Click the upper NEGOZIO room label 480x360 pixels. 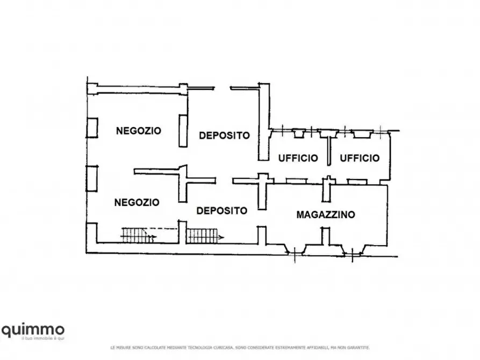(x=139, y=131)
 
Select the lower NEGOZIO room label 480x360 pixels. (x=137, y=203)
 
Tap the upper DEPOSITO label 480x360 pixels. (x=224, y=136)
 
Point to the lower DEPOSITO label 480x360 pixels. (x=221, y=211)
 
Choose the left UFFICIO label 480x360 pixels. (x=298, y=158)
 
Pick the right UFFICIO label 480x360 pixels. (x=360, y=158)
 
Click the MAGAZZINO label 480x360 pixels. (x=326, y=214)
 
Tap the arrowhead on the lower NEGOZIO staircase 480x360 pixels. (x=154, y=236)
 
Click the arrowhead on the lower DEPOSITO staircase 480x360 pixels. (x=222, y=236)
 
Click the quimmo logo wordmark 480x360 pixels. (x=33, y=329)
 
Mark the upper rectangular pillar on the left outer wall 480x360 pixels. (x=92, y=127)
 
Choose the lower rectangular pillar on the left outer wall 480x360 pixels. (x=92, y=178)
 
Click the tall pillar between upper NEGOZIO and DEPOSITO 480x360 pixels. (x=183, y=131)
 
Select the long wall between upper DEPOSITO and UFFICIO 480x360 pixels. (x=263, y=123)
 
